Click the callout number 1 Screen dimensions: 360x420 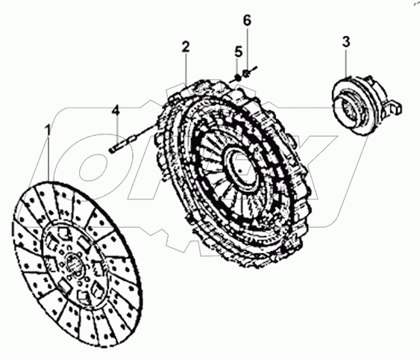pos(47,130)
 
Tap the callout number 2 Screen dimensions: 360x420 pos(186,46)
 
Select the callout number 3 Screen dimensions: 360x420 pos(346,41)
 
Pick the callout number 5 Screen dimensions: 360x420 pos(239,52)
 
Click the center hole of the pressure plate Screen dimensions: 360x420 pos(240,165)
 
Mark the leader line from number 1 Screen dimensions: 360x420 pos(48,161)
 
